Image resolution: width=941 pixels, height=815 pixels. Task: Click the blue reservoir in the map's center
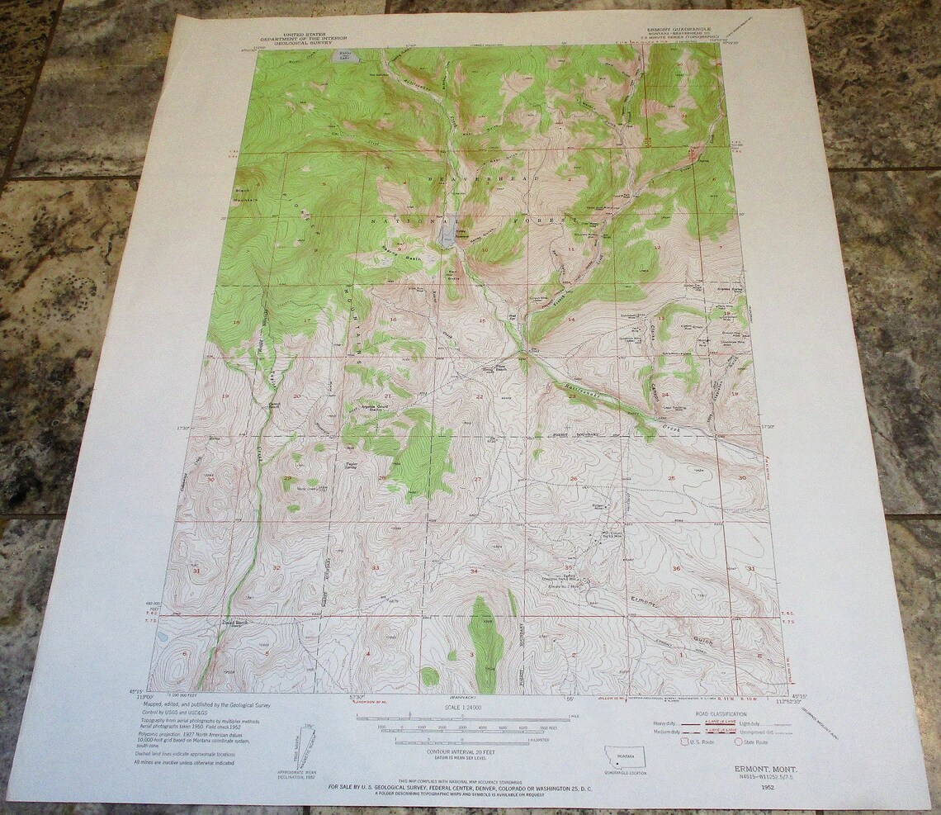tap(446, 235)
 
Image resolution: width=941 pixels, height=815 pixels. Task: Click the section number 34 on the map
tap(474, 571)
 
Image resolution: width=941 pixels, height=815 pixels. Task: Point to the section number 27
tap(477, 480)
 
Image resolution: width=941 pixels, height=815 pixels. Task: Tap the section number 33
tap(376, 568)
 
